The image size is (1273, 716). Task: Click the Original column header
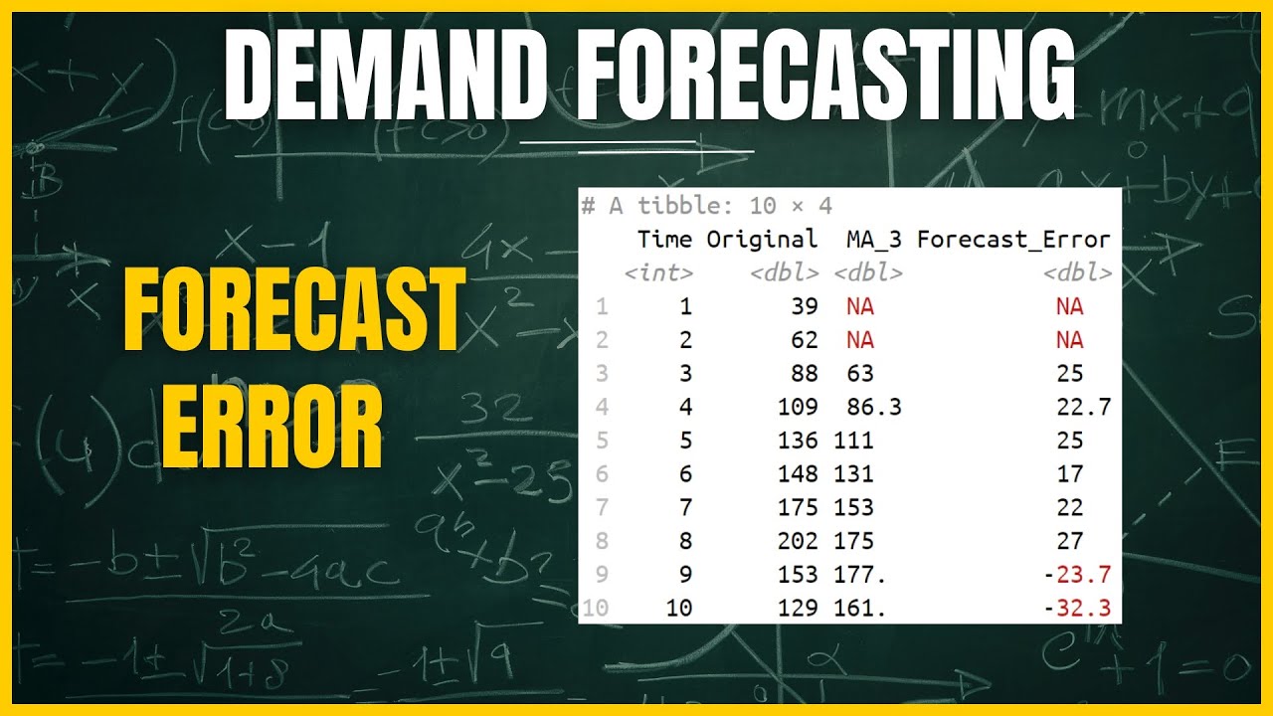762,239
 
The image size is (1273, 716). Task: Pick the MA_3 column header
874,239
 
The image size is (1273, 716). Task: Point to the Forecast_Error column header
1013,239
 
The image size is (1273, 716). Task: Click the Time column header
664,239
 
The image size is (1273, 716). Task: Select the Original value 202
799,541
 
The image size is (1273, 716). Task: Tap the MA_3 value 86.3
874,407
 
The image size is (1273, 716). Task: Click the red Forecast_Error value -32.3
1077,608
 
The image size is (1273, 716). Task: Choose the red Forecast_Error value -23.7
1077,574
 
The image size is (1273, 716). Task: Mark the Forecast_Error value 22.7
1083,407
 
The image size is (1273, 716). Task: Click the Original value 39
805,306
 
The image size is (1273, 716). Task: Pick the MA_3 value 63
860,373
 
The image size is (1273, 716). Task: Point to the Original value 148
799,473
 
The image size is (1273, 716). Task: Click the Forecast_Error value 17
1070,473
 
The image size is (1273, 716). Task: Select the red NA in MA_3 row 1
860,306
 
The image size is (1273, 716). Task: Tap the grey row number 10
595,608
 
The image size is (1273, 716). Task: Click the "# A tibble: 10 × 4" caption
707,206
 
